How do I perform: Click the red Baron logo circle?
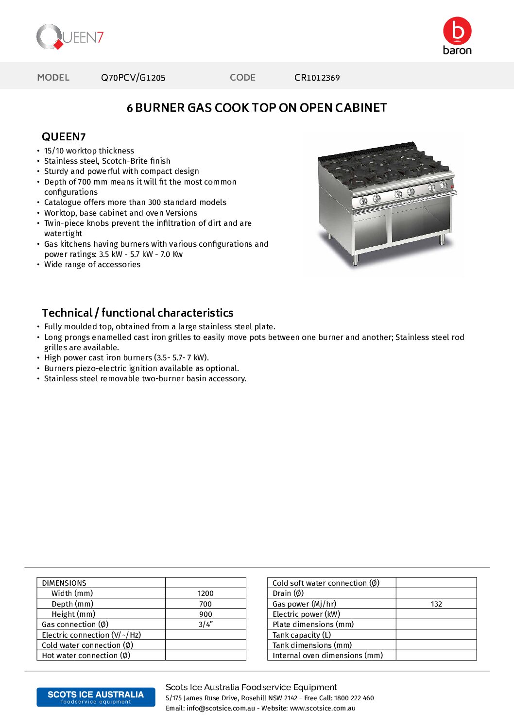(x=457, y=31)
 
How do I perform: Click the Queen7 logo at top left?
(x=70, y=37)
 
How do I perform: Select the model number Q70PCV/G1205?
(x=133, y=78)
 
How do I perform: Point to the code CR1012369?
(x=317, y=78)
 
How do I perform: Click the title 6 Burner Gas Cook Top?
(x=257, y=108)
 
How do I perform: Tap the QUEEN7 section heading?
(x=64, y=136)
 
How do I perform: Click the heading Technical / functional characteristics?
(x=137, y=313)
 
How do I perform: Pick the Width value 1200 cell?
(x=206, y=593)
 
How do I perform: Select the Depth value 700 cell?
(x=206, y=604)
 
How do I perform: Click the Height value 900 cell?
(x=206, y=614)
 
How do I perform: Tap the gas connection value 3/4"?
(x=206, y=625)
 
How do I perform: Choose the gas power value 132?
(x=436, y=604)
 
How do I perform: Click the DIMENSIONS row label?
(x=64, y=583)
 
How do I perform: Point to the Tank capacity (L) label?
(x=302, y=635)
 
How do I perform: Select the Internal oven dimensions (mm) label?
(x=327, y=656)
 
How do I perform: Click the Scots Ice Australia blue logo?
(x=96, y=697)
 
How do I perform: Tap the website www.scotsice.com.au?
(x=323, y=708)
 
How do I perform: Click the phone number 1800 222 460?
(x=354, y=698)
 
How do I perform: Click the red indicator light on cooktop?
(x=452, y=186)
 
